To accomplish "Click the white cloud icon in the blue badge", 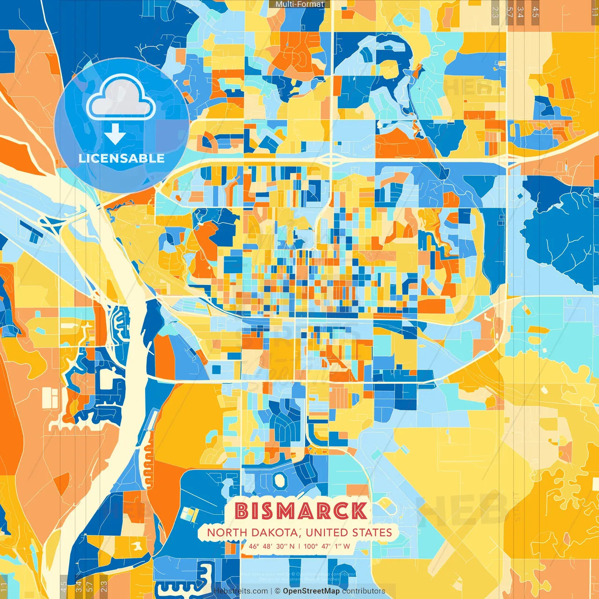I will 121,97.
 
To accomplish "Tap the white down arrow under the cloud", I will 115,134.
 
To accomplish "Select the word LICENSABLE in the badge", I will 122,158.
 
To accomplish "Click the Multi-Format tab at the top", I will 299,4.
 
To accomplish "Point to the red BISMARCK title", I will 301,511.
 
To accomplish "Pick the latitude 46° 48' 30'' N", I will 272,546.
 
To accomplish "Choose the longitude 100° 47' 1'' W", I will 327,546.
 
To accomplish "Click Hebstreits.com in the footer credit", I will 241,591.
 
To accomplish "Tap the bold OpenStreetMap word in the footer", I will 311,591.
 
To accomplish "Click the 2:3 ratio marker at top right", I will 495,12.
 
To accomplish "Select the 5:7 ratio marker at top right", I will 510,12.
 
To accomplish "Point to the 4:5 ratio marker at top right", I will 535,12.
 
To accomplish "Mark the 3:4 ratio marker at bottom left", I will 79,586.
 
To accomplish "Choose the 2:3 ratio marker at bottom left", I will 104,586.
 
